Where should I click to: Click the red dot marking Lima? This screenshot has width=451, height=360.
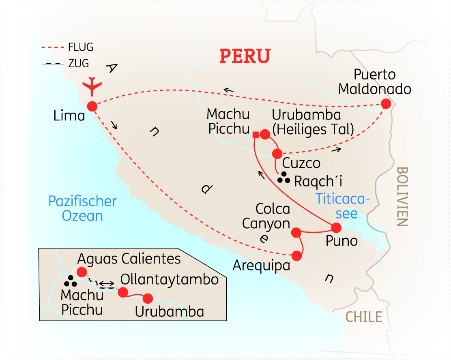(x=92, y=106)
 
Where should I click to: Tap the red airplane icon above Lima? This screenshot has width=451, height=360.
(x=93, y=86)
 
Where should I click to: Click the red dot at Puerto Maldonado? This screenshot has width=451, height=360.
(x=386, y=104)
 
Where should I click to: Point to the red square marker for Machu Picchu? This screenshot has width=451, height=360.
(x=256, y=135)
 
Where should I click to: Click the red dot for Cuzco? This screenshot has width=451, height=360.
(x=277, y=154)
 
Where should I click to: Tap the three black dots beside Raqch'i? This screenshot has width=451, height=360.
(x=283, y=177)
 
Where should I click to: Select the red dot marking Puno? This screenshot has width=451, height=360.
(x=337, y=227)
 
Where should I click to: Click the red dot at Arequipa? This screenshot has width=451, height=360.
(x=297, y=255)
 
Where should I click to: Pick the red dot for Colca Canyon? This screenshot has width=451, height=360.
(x=296, y=232)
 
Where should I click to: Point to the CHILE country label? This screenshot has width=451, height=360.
(x=364, y=317)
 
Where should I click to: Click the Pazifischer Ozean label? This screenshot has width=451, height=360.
(x=82, y=208)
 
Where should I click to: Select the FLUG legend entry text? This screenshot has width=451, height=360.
(x=81, y=47)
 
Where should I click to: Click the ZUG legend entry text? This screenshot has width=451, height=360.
(x=78, y=64)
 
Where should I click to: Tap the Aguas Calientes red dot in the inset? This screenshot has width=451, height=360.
(x=82, y=272)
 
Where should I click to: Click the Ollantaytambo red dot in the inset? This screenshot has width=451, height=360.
(x=123, y=292)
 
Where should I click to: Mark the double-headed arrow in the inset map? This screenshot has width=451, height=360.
(x=106, y=283)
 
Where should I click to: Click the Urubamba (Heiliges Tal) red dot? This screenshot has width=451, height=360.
(x=265, y=134)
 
